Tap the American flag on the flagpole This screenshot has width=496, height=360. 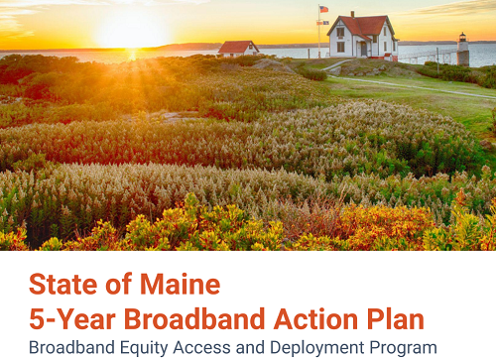tap(323, 10)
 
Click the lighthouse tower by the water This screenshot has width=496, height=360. tap(462, 50)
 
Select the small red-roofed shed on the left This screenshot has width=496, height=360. tap(238, 48)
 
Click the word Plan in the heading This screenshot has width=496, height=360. tap(396, 319)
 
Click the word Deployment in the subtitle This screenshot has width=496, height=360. tap(317, 348)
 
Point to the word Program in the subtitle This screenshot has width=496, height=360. tap(402, 348)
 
